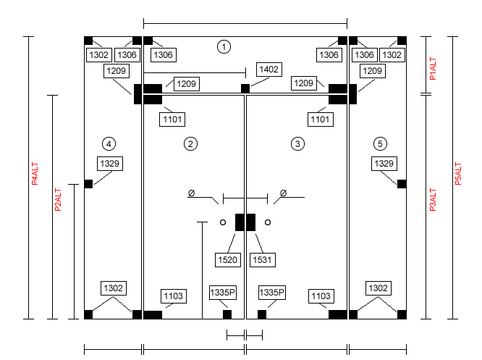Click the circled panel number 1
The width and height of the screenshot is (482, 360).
coord(224,47)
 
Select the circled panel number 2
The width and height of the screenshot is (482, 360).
coord(190,143)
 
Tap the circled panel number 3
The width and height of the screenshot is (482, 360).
coord(297,143)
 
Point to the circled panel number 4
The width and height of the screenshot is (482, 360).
coord(109,143)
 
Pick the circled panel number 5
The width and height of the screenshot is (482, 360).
coord(380,143)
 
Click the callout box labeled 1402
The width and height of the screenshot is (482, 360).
coord(269,70)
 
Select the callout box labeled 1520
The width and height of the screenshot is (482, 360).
coord(228,260)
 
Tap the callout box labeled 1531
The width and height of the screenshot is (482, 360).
coord(263,260)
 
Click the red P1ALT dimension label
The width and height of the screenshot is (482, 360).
coord(433,68)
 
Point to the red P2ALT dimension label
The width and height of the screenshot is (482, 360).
coord(58,200)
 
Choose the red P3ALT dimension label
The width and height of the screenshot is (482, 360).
coord(433,200)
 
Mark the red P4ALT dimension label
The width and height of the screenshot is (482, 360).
coord(35,174)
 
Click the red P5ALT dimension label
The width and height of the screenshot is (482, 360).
coord(458,174)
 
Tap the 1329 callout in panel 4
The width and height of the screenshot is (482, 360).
coord(110,164)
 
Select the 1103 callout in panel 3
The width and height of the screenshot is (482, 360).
coord(321,296)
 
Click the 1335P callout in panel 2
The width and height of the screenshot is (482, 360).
coord(223,293)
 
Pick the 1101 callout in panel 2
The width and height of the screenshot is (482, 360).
coord(172,120)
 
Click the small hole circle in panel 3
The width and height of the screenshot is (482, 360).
coord(268,222)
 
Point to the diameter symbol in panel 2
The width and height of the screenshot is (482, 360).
coord(191,193)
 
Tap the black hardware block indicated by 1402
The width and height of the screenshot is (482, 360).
coord(245,88)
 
